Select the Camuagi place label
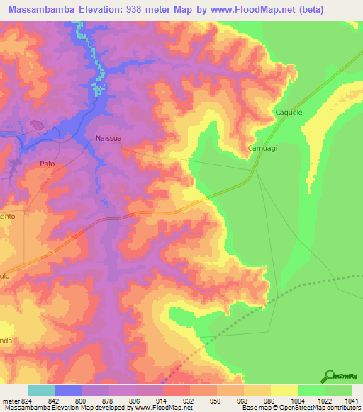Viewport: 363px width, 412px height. (262, 149)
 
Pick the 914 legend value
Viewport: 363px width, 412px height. (163, 400)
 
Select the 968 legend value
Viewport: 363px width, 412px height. (244, 400)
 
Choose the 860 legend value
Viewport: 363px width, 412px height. (82, 400)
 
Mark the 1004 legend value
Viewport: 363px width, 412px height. (298, 400)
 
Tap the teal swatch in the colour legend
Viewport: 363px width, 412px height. (42, 390)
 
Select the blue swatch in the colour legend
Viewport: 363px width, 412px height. (69, 390)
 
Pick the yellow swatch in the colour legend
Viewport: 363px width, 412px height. (284, 390)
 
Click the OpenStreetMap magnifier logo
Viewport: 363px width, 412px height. (328, 375)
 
